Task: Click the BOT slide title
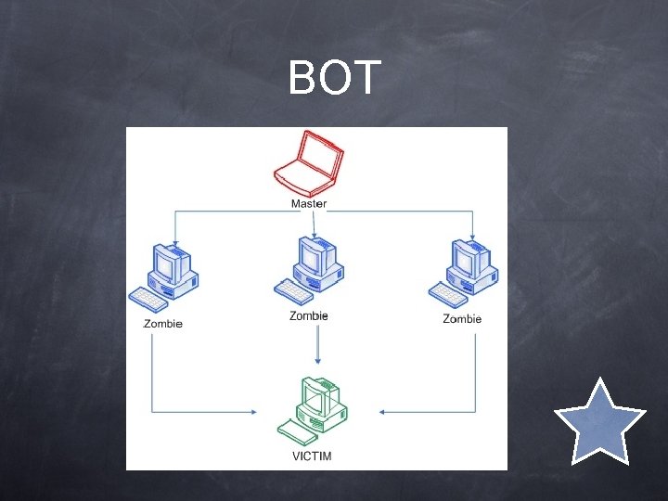click(x=334, y=79)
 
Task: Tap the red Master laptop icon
click(x=307, y=163)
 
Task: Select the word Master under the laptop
click(x=309, y=203)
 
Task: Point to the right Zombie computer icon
click(x=466, y=272)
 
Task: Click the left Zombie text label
click(x=163, y=324)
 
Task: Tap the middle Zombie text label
click(x=309, y=316)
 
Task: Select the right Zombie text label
click(x=462, y=319)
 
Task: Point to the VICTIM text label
click(x=311, y=456)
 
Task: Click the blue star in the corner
click(x=599, y=421)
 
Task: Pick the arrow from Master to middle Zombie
click(x=315, y=224)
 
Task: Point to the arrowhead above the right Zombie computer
click(x=473, y=235)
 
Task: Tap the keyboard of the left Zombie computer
click(x=148, y=298)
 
